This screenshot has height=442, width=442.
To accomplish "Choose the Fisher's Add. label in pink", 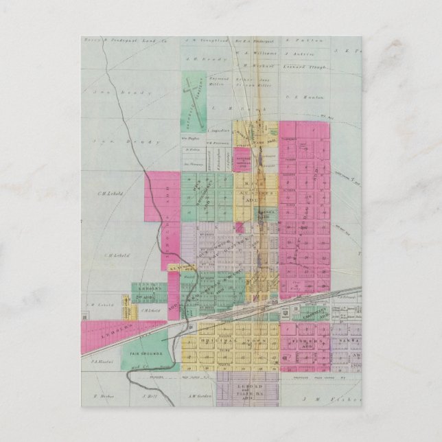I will click(x=305, y=341).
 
